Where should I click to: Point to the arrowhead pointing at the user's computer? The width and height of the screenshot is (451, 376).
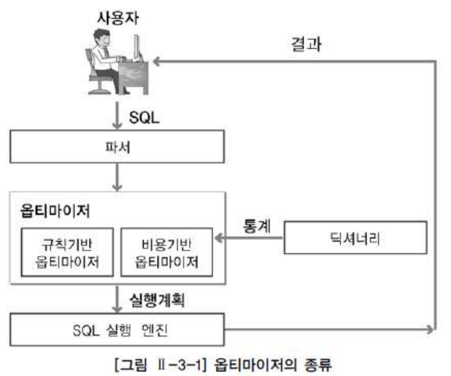[x=155, y=61]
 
